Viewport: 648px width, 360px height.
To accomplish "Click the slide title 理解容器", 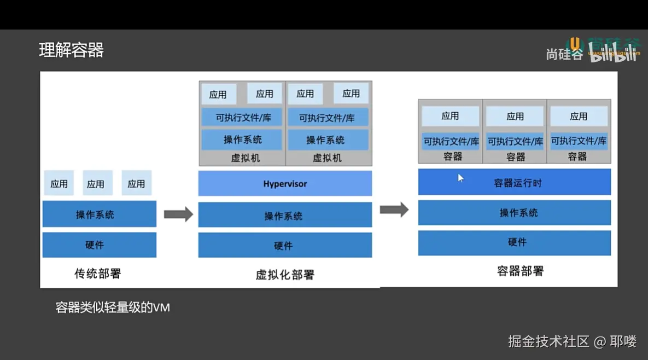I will [72, 50].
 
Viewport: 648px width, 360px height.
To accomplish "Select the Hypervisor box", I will [285, 184].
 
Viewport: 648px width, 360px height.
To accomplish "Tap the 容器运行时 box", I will [514, 182].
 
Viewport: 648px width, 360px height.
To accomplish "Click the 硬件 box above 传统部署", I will [100, 245].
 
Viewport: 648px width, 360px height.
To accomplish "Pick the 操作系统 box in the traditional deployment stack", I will [100, 214].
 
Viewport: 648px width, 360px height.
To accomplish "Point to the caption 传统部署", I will [97, 273].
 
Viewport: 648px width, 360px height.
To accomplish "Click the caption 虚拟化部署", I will [285, 274].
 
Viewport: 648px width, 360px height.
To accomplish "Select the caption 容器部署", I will [520, 271].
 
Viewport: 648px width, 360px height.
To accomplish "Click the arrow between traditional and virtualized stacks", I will [178, 214].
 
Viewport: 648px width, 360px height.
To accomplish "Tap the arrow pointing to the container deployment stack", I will [394, 209].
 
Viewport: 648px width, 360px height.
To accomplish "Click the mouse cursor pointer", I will [460, 177].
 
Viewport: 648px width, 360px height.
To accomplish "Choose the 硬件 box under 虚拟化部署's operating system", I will [285, 245].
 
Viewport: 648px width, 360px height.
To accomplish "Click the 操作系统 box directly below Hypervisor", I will [285, 215].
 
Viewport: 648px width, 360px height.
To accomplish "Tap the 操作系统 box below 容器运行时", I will [514, 212].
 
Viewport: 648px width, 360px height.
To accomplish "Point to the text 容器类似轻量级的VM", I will [113, 307].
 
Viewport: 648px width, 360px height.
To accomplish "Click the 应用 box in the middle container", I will [515, 116].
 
